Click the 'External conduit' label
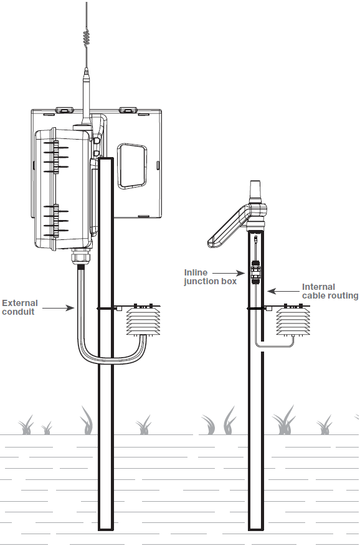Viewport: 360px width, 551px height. point(20,307)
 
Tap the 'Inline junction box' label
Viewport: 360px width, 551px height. point(211,277)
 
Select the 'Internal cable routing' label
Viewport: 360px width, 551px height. point(330,291)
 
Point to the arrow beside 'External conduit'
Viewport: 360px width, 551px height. point(59,308)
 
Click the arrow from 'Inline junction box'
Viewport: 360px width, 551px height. point(229,272)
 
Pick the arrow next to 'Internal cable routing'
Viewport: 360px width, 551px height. point(283,291)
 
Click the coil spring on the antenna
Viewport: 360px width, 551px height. point(87,37)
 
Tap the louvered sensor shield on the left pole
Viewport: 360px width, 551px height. point(143,320)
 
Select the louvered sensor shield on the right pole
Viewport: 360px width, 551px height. point(293,320)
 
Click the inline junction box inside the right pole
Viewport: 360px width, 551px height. point(256,272)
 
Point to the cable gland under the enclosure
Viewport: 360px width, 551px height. point(82,257)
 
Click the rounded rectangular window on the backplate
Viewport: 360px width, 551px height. point(131,166)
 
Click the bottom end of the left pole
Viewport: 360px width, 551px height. point(106,529)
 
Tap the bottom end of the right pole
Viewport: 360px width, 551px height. point(256,529)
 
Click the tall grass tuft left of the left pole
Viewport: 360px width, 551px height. point(87,420)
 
